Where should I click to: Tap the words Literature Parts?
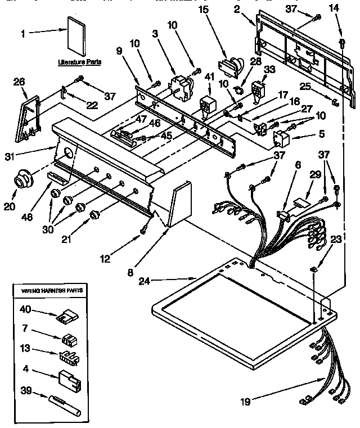(x=80, y=62)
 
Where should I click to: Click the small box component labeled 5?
(x=280, y=137)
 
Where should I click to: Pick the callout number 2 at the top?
(x=238, y=10)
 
